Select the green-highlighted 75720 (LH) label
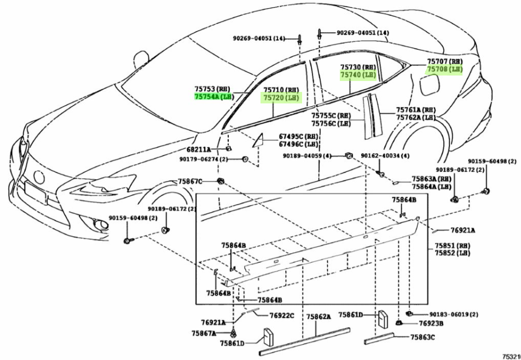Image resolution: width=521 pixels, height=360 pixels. [x=281, y=97]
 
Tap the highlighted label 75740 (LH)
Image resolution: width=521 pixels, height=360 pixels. [x=357, y=76]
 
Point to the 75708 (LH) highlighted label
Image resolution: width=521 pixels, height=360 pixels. [x=444, y=69]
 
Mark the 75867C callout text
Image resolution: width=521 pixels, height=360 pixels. [x=190, y=181]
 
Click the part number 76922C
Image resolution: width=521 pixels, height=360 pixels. [x=281, y=316]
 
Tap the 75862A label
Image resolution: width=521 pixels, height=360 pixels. [x=319, y=317]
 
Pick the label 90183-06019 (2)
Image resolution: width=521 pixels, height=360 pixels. [x=454, y=315]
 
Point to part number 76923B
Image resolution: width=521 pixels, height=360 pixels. [x=431, y=323]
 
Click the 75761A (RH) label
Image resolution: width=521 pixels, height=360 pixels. [x=415, y=110]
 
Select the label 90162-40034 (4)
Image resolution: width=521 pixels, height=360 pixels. [x=385, y=156]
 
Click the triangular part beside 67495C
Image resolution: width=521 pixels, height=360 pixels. [x=258, y=140]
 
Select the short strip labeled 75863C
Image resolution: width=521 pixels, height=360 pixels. [x=379, y=338]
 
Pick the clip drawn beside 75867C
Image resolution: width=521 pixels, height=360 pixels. [x=220, y=181]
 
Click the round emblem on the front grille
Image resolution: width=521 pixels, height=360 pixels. [x=39, y=178]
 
